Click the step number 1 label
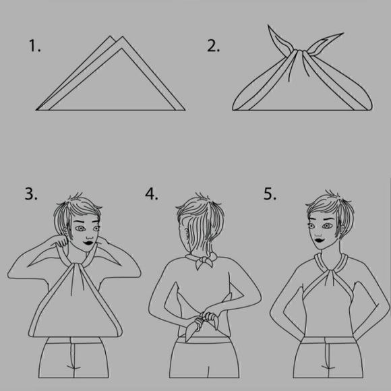pyautogui.click(x=34, y=46)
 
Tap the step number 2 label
pyautogui.click(x=214, y=46)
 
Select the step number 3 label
pyautogui.click(x=31, y=193)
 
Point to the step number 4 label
pyautogui.click(x=152, y=193)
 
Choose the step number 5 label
pyautogui.click(x=270, y=193)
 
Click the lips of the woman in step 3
pyautogui.click(x=88, y=243)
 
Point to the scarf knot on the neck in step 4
pyautogui.click(x=204, y=261)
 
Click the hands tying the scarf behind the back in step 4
pyautogui.click(x=206, y=320)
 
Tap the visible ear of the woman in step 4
pyautogui.click(x=186, y=234)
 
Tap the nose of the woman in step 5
pyautogui.click(x=318, y=233)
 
